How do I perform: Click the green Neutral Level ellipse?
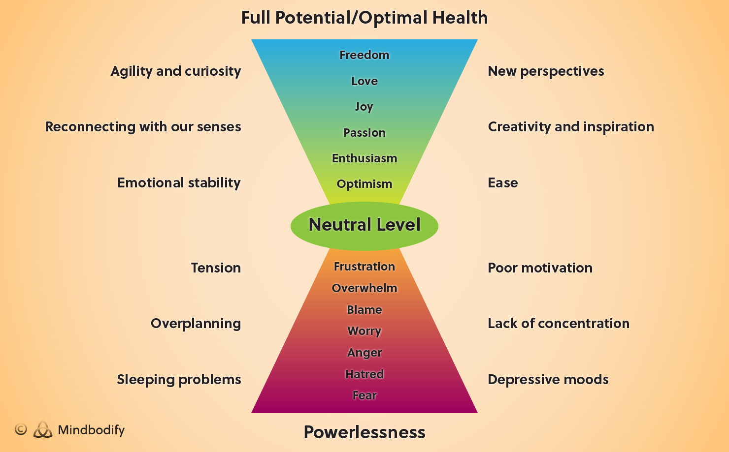tap(364, 225)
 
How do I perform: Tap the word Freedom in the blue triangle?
tap(364, 55)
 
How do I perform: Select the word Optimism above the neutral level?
tap(364, 184)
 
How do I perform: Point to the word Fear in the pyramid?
tap(364, 395)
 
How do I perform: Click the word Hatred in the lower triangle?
tap(364, 374)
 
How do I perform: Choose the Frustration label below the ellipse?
tap(364, 267)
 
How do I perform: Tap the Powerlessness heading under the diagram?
tap(364, 432)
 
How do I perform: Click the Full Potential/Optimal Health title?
tap(364, 18)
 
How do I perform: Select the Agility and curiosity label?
tap(176, 71)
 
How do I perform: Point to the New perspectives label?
tap(546, 71)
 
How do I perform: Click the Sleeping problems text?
tap(179, 380)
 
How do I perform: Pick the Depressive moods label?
tap(548, 380)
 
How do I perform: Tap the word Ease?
tap(502, 183)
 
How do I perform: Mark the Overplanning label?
tap(196, 324)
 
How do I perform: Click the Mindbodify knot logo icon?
tap(43, 430)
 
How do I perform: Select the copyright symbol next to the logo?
tap(21, 429)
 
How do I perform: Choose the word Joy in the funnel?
tap(364, 107)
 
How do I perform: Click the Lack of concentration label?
tap(559, 324)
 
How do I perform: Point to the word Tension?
tap(216, 268)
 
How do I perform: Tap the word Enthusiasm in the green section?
tap(364, 158)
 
